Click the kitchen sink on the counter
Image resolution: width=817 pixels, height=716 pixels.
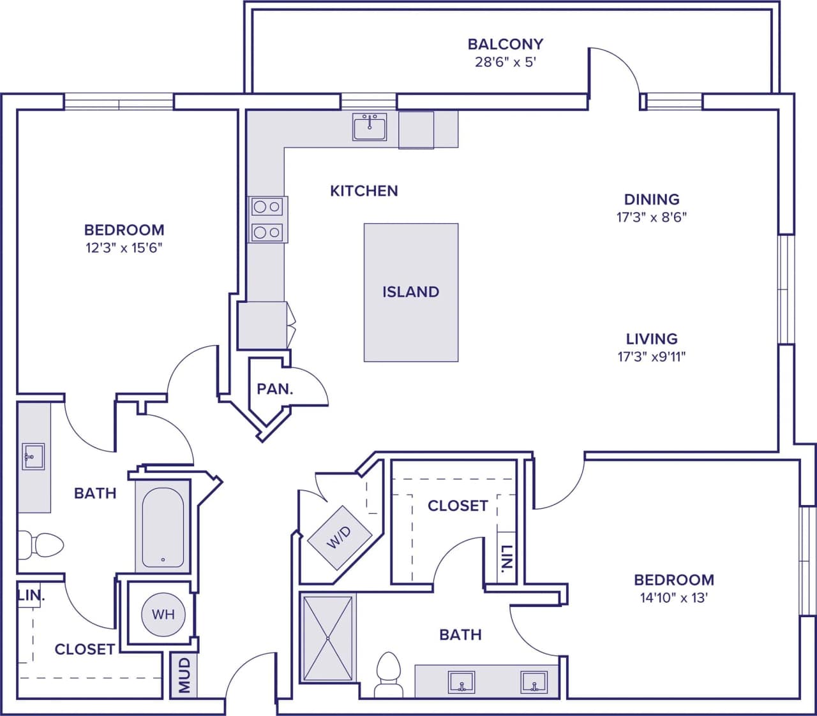point(370,128)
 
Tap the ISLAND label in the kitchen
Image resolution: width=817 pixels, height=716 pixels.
point(410,292)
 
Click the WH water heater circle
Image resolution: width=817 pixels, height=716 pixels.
point(163,615)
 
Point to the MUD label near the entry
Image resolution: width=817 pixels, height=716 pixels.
point(184,675)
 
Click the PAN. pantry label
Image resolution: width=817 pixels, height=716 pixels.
point(275,389)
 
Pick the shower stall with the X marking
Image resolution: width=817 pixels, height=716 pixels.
point(327,638)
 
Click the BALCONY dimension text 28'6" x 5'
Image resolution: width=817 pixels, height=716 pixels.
point(505,62)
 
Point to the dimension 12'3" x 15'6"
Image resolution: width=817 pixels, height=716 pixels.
point(124,248)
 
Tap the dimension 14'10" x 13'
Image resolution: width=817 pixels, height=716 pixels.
point(673,598)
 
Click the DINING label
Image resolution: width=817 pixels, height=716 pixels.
point(651,199)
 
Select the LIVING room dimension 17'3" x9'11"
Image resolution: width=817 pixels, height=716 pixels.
point(651,357)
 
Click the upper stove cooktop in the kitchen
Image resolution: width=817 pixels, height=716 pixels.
point(267,207)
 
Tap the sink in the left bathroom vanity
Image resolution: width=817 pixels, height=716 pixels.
point(33,457)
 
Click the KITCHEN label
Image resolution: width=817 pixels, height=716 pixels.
point(364,191)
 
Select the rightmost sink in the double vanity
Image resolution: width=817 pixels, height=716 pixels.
point(533,682)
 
